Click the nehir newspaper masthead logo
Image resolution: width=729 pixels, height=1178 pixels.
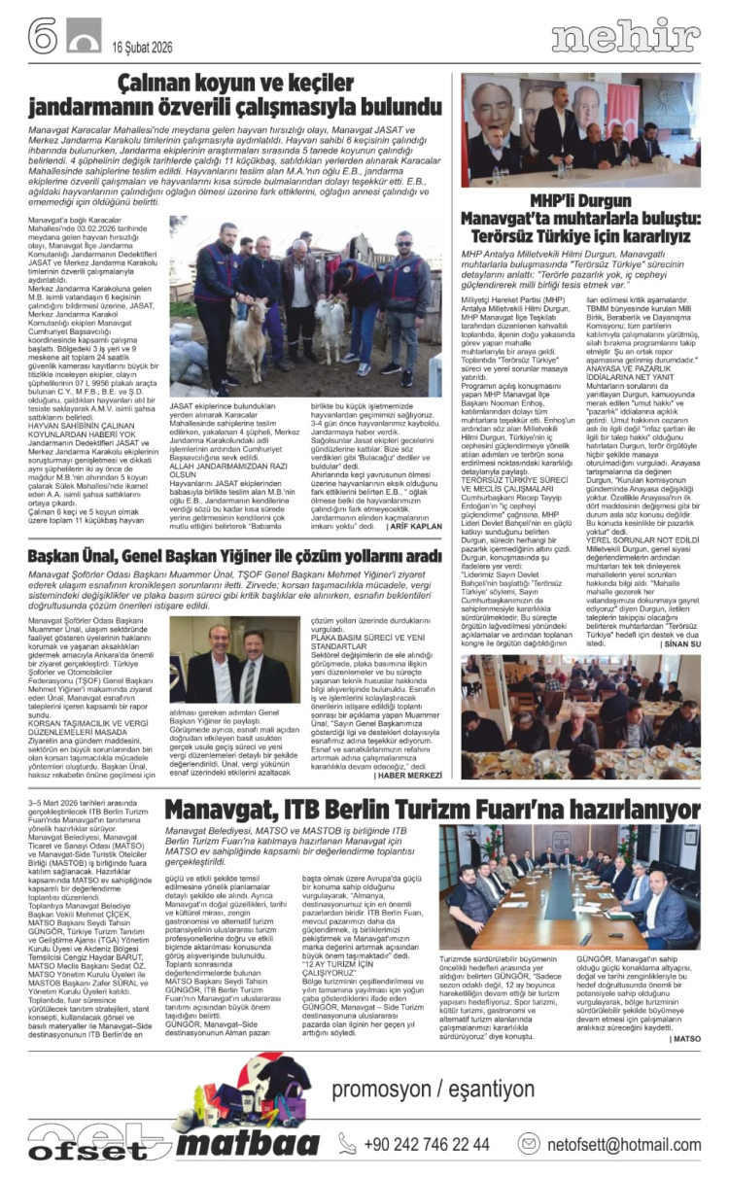(625, 36)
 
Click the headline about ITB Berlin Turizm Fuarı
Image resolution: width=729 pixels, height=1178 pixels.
(432, 809)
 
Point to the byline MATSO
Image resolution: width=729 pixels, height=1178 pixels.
(683, 1038)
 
